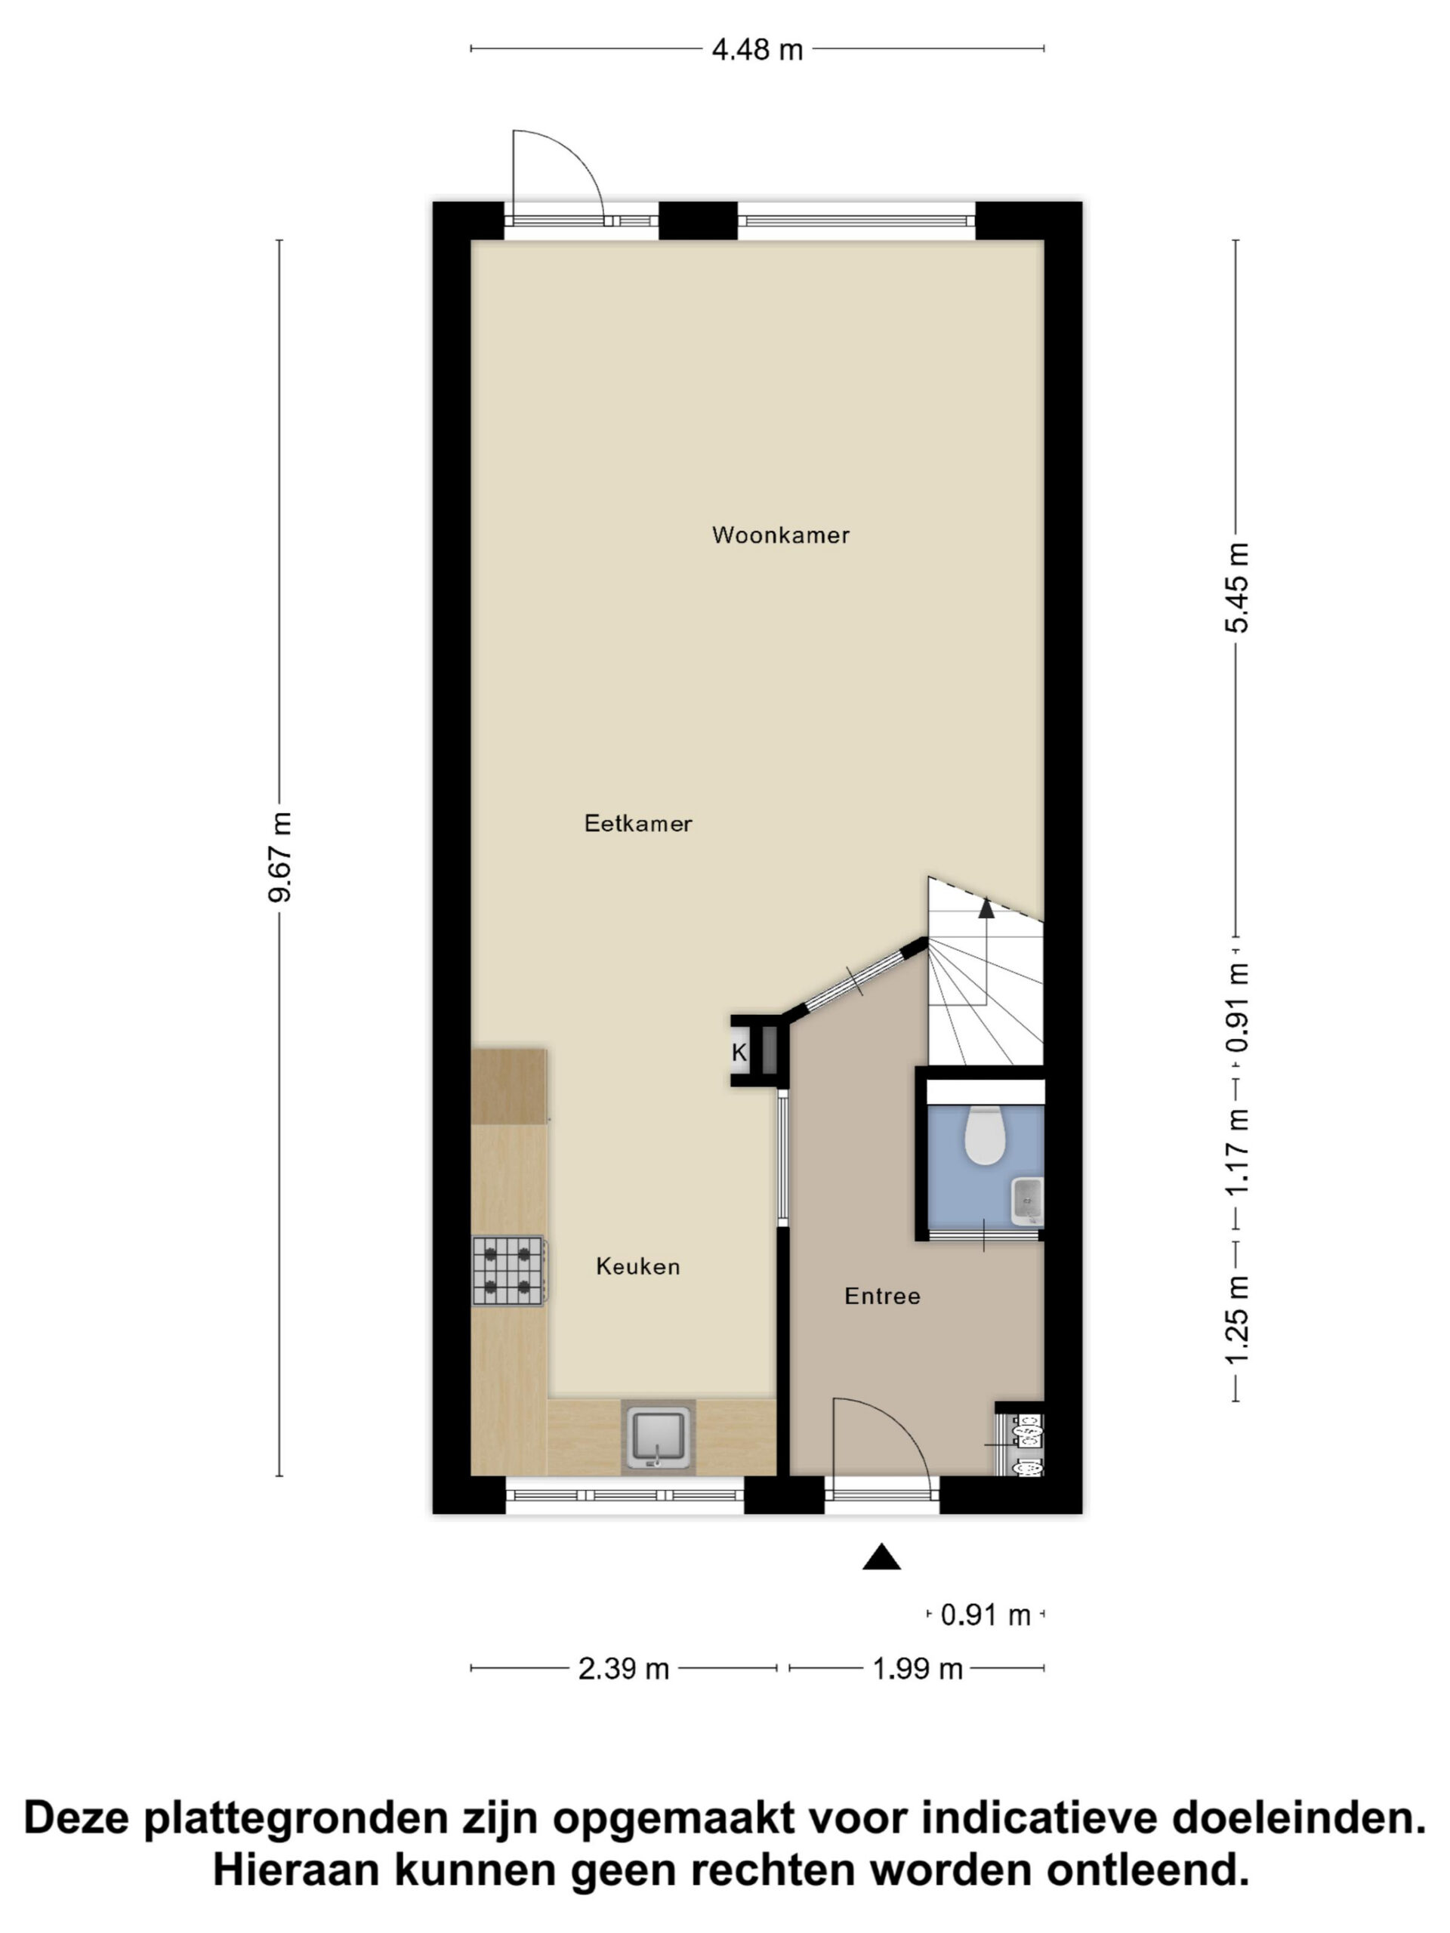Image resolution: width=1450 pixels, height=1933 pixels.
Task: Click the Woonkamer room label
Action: pos(780,535)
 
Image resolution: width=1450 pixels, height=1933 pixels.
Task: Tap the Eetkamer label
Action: pos(638,823)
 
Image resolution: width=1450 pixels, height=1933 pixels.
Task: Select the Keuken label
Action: pos(638,1266)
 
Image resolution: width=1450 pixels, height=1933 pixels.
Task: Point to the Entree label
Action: pos(882,1296)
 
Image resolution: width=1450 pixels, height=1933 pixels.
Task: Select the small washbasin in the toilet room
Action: pos(1027,1201)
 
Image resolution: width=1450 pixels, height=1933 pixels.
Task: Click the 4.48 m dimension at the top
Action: pos(757,50)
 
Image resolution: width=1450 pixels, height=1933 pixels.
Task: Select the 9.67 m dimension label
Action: pos(281,856)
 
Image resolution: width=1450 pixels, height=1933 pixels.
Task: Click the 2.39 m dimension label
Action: pos(623,1669)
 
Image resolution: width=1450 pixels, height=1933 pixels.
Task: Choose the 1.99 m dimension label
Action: pos(918,1669)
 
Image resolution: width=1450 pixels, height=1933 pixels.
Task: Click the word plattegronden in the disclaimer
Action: pos(296,1817)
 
